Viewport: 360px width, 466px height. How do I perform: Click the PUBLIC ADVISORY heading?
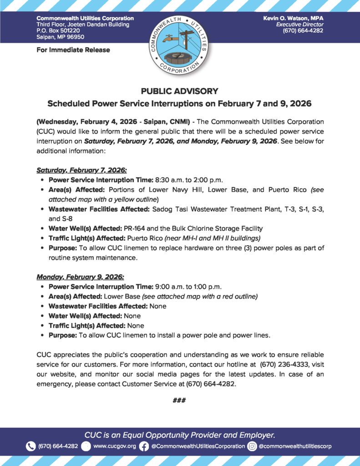pos(180,91)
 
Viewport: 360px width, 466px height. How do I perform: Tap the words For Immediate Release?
pos(73,50)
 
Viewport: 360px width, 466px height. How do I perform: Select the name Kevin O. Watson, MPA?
pos(294,18)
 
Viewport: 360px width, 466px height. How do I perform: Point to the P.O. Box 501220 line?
pos(58,30)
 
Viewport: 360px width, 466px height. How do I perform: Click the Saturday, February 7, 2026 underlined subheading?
pos(75,170)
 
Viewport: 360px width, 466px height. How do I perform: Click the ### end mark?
pos(180,400)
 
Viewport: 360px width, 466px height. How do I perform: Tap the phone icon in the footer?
pos(30,446)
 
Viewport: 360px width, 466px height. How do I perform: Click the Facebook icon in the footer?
pos(144,446)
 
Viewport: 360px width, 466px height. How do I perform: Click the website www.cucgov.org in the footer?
pos(115,446)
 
